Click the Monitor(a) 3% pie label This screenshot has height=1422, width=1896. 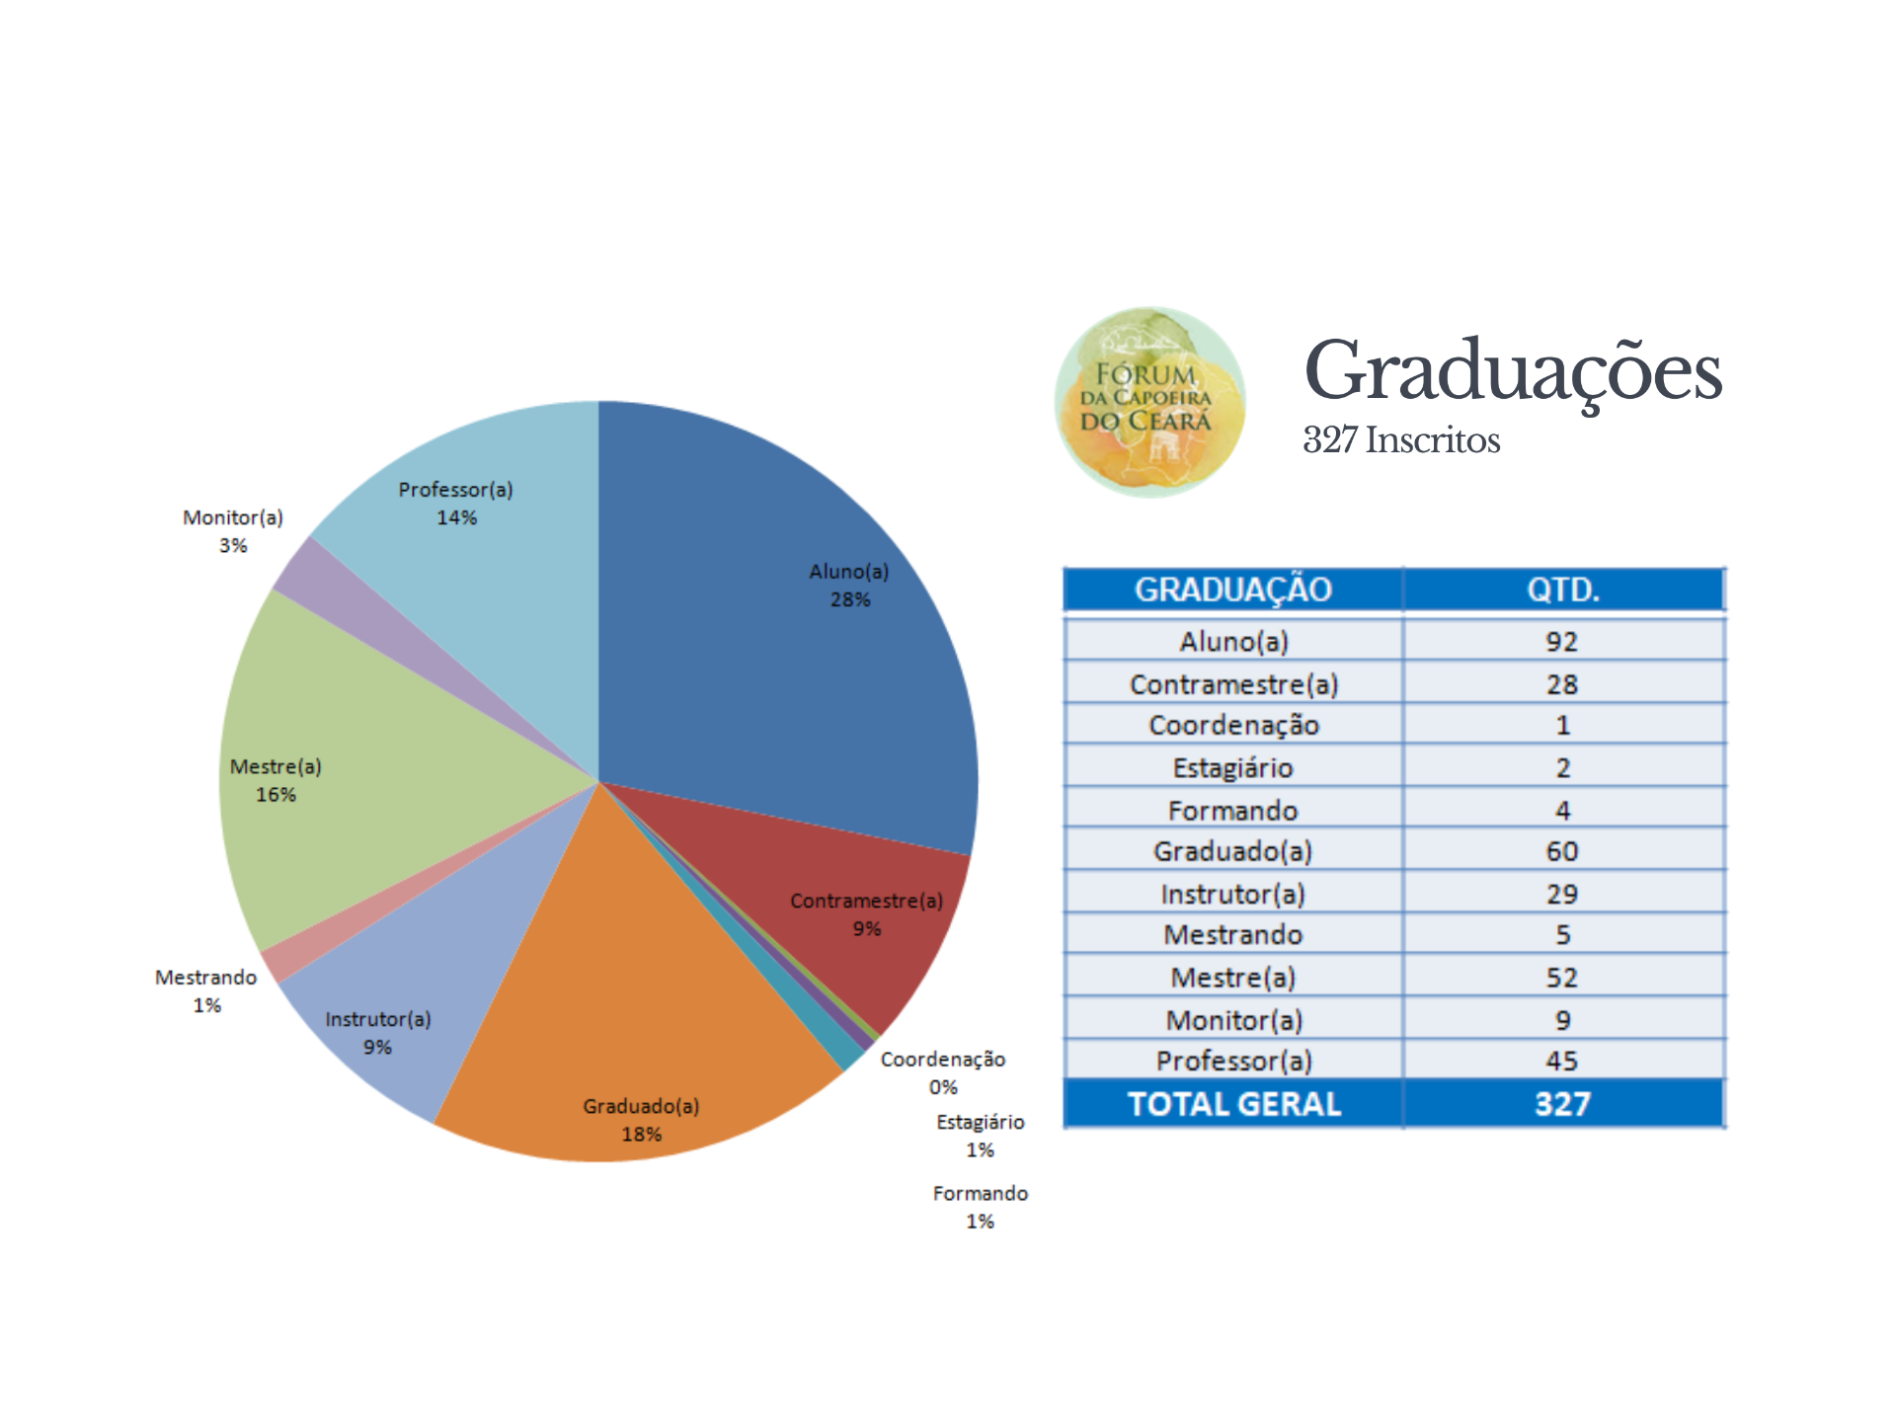pos(233,531)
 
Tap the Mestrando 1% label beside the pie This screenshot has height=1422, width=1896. pos(205,990)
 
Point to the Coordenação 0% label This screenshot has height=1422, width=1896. pos(943,1072)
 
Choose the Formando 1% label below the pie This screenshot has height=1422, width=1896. pos(980,1207)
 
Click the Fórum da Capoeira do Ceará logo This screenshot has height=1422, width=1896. pos(1149,402)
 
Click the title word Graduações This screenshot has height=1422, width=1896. pos(1512,372)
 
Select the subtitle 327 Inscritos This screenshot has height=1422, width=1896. pos(1401,440)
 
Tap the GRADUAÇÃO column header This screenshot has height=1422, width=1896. pos(1232,590)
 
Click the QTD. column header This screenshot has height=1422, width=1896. pos(1562,590)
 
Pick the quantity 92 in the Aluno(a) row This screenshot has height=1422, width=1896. pos(1562,642)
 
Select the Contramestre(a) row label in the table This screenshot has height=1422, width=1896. pos(1233,684)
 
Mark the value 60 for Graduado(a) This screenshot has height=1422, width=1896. pos(1562,851)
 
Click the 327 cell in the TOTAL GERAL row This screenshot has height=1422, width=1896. pos(1562,1104)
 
